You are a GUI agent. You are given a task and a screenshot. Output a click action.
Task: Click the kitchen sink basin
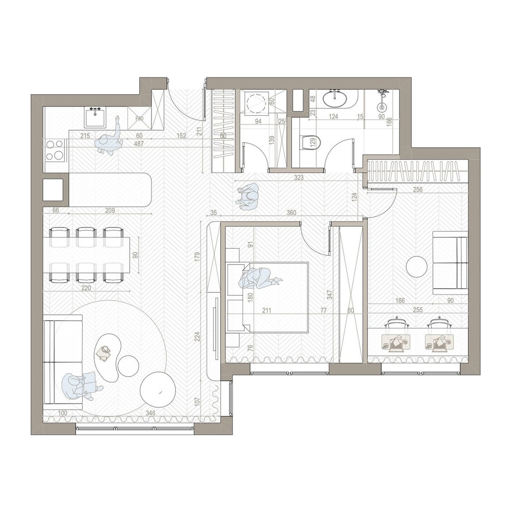click(95, 118)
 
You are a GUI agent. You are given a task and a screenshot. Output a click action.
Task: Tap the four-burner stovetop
click(54, 150)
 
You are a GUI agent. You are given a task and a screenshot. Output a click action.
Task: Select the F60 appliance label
click(139, 119)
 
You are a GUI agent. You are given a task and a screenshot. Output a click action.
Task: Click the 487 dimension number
click(139, 144)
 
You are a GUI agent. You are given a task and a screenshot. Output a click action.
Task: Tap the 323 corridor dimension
click(298, 177)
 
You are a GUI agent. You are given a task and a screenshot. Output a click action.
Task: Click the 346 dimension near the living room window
click(151, 413)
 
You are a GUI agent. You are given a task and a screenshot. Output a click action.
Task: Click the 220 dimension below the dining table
click(86, 288)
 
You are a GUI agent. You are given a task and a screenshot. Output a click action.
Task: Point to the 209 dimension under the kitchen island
click(110, 211)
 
